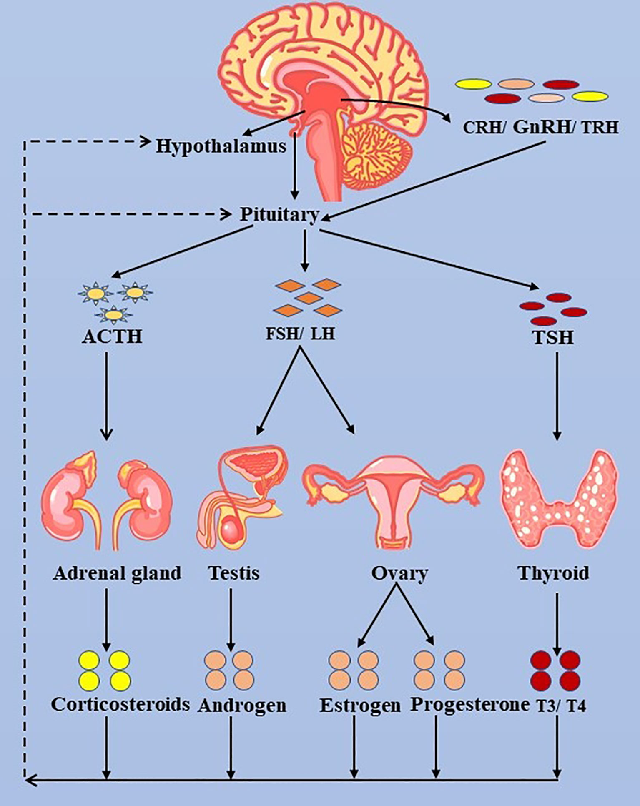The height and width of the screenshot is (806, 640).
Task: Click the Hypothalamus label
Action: tap(221, 146)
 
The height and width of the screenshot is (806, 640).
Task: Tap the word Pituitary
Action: tap(279, 214)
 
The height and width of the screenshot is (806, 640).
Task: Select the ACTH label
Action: tap(112, 336)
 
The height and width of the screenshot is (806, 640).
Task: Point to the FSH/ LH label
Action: tap(300, 334)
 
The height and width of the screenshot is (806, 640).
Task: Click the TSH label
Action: tap(553, 337)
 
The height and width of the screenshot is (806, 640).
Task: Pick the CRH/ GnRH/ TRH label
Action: tap(540, 127)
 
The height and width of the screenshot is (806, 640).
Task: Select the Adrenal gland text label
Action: tap(117, 573)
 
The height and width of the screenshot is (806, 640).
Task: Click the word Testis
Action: tap(234, 572)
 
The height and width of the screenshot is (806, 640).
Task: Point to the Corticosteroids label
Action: tap(120, 704)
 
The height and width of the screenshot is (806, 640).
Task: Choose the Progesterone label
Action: tap(470, 704)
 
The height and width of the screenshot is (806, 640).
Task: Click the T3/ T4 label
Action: tap(561, 706)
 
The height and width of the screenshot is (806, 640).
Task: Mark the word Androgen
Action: tap(242, 706)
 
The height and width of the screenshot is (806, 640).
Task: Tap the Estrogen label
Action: tap(360, 706)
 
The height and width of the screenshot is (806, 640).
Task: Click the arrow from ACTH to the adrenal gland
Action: tap(107, 396)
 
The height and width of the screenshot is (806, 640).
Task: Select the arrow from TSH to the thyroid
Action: tap(557, 396)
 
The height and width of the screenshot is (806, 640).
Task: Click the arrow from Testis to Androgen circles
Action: tap(231, 619)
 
